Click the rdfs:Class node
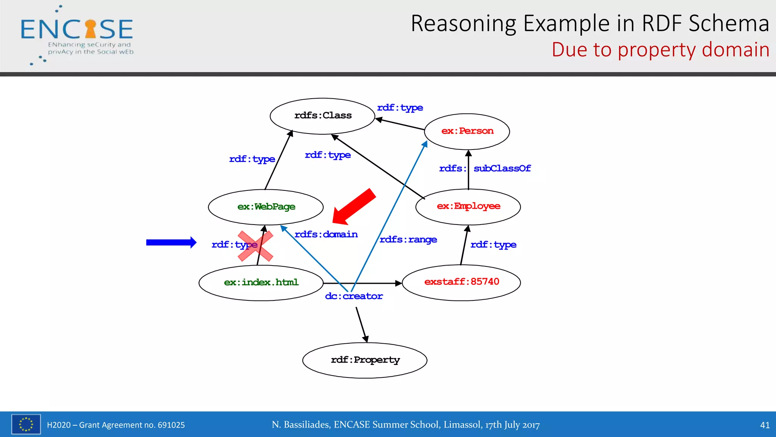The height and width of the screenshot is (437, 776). coord(322,116)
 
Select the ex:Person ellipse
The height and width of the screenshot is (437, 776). coord(467,131)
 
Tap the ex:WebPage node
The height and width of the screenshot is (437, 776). coord(266,207)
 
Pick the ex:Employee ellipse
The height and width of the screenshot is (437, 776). coord(468,206)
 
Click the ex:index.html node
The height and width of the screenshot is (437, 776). coord(261,283)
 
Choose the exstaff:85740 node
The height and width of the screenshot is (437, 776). coord(461,282)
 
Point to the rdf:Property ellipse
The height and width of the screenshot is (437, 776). coord(365,360)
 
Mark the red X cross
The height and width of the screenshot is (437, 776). coord(255,246)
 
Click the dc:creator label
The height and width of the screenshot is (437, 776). coord(354,296)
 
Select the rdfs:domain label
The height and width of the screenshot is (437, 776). coord(326,234)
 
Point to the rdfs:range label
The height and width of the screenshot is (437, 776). coord(408,240)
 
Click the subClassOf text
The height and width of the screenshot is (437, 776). coord(502,168)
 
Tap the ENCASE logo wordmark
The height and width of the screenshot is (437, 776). coord(77,30)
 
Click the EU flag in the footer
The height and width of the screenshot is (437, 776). coord(26,424)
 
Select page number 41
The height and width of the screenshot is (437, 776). coord(765,425)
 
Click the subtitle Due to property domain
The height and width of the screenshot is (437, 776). coord(660,50)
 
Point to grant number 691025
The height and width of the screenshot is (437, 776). coord(171,425)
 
